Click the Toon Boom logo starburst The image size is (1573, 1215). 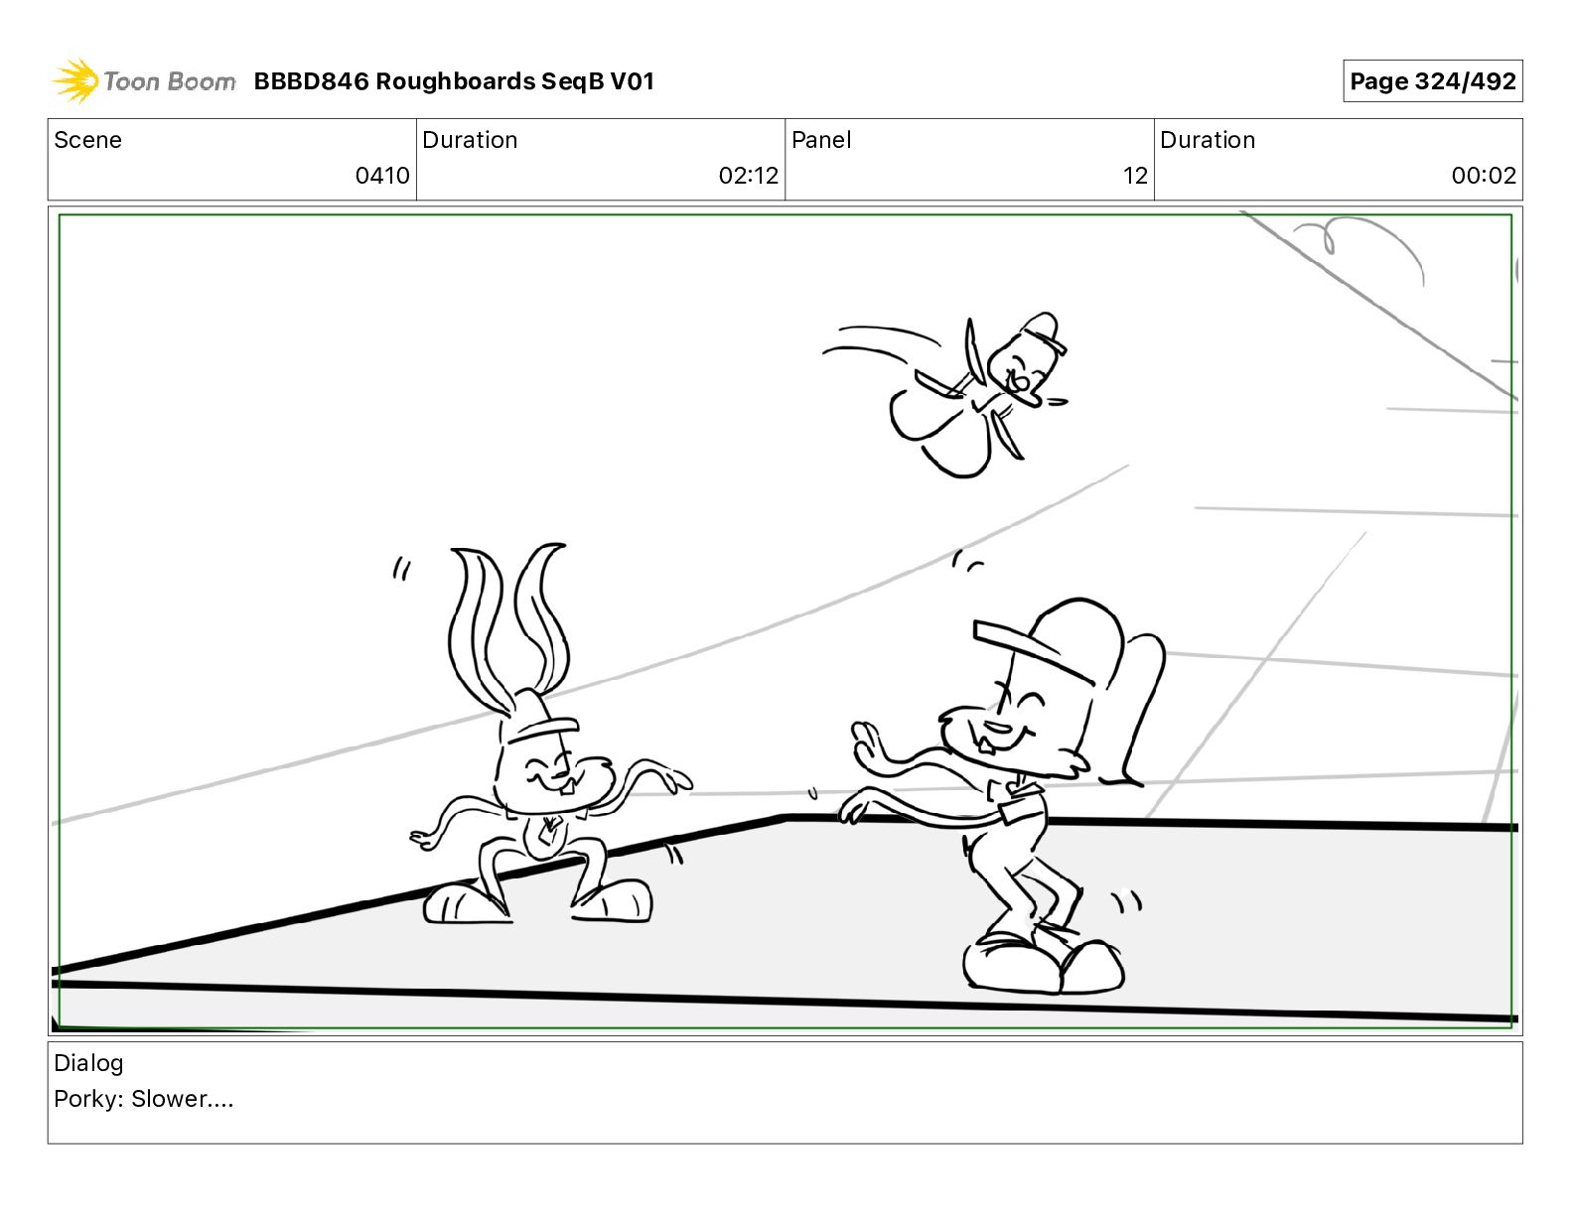[74, 81]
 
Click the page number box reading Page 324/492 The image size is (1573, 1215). [1432, 81]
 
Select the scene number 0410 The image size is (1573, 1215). [381, 175]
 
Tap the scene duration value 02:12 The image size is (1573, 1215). [748, 175]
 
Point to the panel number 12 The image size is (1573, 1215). [1134, 175]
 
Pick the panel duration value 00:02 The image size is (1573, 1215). [1484, 175]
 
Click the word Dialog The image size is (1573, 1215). [88, 1063]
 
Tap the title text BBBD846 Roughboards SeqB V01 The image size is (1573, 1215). [454, 81]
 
